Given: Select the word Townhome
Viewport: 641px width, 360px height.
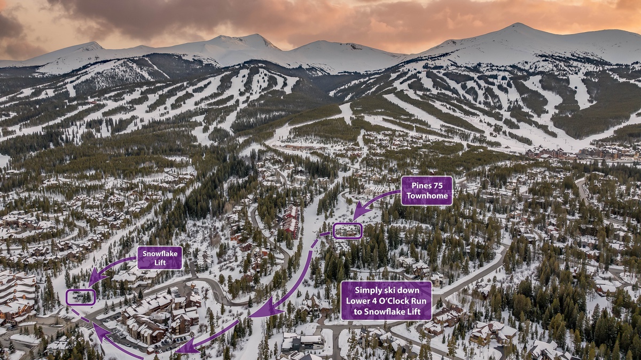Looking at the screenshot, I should click(426, 196).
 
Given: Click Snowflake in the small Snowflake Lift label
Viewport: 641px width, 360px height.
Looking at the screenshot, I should click(160, 253).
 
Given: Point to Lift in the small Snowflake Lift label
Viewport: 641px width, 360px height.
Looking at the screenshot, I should click(160, 263).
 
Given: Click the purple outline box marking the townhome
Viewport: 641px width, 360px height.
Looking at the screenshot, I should click(348, 231).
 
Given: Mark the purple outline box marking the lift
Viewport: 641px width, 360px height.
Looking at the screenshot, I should click(81, 297).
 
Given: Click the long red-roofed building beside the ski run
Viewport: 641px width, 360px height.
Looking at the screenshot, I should click(291, 220).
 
